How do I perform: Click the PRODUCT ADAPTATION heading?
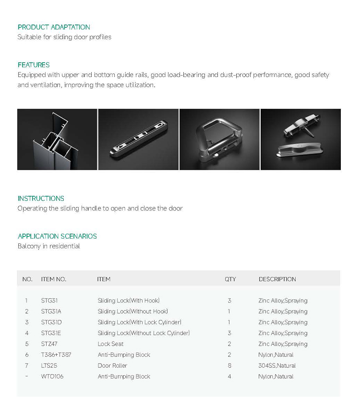click(54, 27)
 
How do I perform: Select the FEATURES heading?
click(34, 65)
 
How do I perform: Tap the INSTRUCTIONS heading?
click(41, 199)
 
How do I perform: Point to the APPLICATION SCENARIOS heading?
click(57, 236)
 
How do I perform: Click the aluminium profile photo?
click(57, 139)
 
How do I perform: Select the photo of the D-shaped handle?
click(219, 139)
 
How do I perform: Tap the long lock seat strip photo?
click(138, 139)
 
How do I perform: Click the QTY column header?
click(230, 279)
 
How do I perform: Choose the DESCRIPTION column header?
click(277, 279)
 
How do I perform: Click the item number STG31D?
click(51, 322)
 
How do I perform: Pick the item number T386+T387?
click(56, 355)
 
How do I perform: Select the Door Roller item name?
click(112, 365)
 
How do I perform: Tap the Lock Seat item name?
click(110, 344)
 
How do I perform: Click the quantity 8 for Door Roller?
click(229, 365)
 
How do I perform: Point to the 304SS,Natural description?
click(277, 365)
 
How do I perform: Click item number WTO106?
click(52, 377)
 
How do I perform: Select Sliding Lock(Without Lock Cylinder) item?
click(144, 333)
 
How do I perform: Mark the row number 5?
click(27, 344)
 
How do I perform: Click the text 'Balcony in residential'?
click(48, 246)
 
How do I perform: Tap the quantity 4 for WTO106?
click(229, 377)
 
